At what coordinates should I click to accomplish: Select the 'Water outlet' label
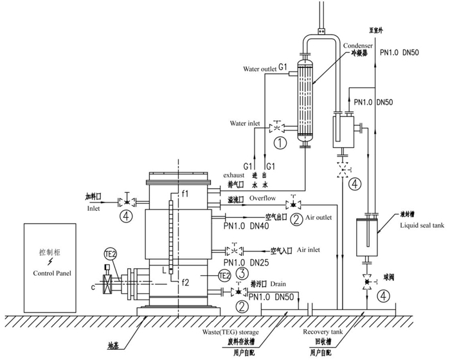pos(260,69)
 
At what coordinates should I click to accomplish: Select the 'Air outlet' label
pos(319,217)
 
